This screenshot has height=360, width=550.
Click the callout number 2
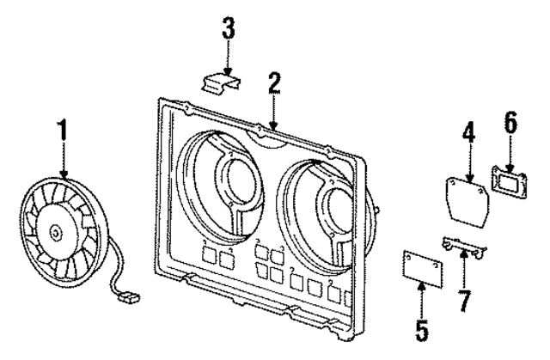coord(273,83)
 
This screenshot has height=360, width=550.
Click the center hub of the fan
coord(55,230)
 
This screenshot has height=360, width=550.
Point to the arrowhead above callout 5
coord(422,285)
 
